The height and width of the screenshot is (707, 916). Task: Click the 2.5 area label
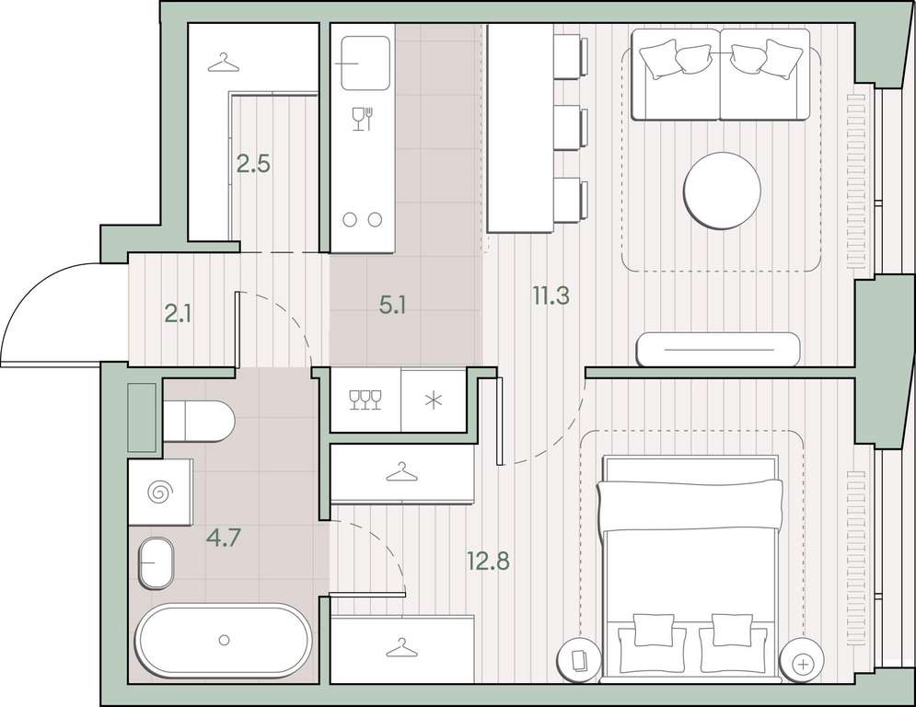pyautogui.click(x=253, y=164)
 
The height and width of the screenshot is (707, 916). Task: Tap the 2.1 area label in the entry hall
pyautogui.click(x=179, y=315)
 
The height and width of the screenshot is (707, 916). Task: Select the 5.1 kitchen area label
pyautogui.click(x=392, y=305)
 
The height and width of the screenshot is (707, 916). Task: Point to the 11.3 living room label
pyautogui.click(x=551, y=296)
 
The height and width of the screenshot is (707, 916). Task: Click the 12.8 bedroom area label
pyautogui.click(x=488, y=561)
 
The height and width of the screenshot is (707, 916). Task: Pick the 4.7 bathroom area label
pyautogui.click(x=223, y=537)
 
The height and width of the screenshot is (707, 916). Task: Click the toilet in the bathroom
pyautogui.click(x=199, y=421)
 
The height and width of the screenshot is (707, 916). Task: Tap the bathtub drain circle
pyautogui.click(x=224, y=641)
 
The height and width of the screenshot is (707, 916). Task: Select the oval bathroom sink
pyautogui.click(x=156, y=562)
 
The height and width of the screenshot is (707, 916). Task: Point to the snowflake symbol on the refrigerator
pyautogui.click(x=433, y=400)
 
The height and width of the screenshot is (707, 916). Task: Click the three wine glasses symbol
pyautogui.click(x=365, y=400)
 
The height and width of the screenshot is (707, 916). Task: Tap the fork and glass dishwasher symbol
pyautogui.click(x=362, y=119)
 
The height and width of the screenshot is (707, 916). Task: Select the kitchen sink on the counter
pyautogui.click(x=365, y=64)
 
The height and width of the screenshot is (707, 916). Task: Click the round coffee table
pyautogui.click(x=722, y=191)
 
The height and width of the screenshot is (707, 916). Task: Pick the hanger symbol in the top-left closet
pyautogui.click(x=223, y=64)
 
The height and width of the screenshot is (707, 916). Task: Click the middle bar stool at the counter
pyautogui.click(x=570, y=128)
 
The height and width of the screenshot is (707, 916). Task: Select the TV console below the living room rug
pyautogui.click(x=718, y=349)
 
